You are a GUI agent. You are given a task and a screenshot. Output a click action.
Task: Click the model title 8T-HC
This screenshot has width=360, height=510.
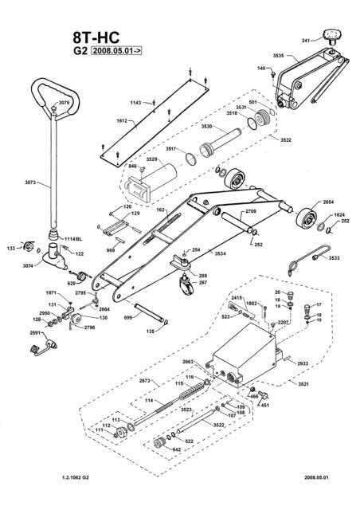pyautogui.click(x=90, y=37)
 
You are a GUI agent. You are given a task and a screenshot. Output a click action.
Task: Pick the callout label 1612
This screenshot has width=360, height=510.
pyautogui.click(x=123, y=122)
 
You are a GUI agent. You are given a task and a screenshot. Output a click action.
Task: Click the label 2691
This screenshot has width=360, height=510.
pyautogui.click(x=35, y=333)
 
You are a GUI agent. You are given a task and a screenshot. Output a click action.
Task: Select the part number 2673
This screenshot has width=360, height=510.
pyautogui.click(x=144, y=382)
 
